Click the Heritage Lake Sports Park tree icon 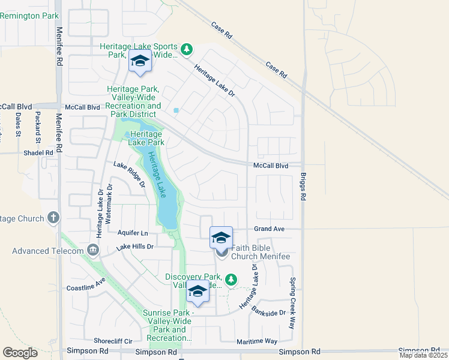[187, 49]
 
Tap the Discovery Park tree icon [231, 280]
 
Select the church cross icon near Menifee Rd [53, 217]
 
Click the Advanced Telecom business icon [92, 250]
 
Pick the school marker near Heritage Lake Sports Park [140, 61]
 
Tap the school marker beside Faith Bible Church [221, 238]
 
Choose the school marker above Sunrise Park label [197, 292]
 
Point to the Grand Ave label [268, 229]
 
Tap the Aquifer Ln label [132, 233]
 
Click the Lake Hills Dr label [135, 247]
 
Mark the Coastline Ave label [86, 284]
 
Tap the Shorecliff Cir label [113, 341]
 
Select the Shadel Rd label [38, 153]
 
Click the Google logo [20, 353]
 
